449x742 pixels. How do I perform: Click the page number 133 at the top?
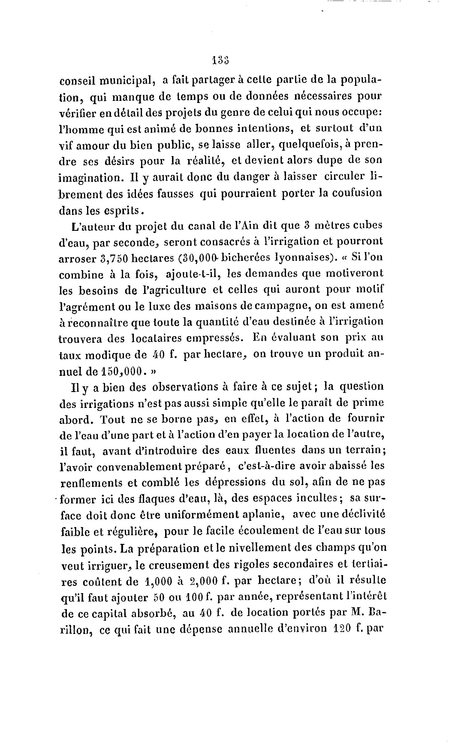point(220,60)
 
